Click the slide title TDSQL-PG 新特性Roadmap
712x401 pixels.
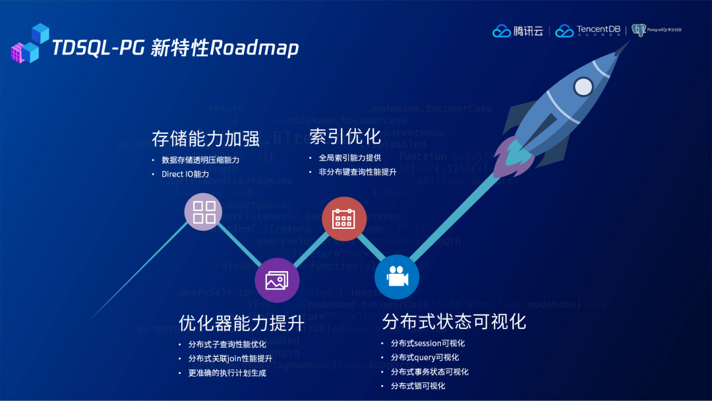(175, 48)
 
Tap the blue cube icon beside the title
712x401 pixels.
(30, 44)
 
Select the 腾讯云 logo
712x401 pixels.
(518, 30)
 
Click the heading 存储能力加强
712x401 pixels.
(206, 139)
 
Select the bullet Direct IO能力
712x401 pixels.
(185, 174)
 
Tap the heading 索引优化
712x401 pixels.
(345, 137)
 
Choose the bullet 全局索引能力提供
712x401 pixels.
(349, 158)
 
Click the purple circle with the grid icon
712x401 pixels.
(204, 212)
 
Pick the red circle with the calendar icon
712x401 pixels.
(344, 218)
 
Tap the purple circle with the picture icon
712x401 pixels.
(277, 280)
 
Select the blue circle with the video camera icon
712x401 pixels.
(396, 277)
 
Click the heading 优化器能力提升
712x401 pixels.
(241, 323)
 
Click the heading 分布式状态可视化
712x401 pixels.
(454, 321)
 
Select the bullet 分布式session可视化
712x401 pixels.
(428, 343)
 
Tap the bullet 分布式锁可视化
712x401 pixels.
(418, 386)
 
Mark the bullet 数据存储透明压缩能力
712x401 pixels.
(200, 160)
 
